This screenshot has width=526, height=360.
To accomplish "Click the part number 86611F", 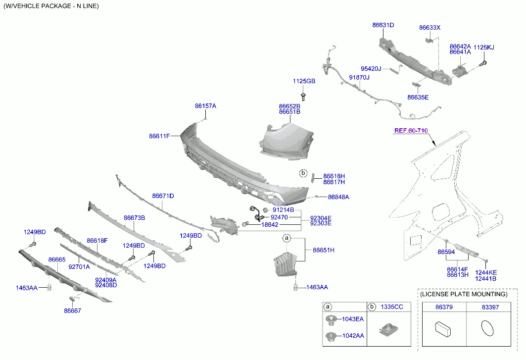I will (x=159, y=136).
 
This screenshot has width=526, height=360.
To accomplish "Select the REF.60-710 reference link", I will (x=411, y=131).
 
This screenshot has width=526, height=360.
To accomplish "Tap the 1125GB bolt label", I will (x=304, y=81).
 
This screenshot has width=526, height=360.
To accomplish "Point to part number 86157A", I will (x=205, y=106).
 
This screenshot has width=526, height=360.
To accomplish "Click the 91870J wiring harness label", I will (x=359, y=77).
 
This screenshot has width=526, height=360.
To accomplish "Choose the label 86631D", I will (x=383, y=25).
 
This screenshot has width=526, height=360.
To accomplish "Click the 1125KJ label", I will (x=484, y=48).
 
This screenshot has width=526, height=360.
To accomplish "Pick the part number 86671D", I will (x=163, y=196).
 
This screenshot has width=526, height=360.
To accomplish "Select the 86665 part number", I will (x=57, y=259).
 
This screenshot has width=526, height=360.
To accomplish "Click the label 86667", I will (x=72, y=311).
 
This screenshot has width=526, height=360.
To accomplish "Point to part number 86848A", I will (x=338, y=197).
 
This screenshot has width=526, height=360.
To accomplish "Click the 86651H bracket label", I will (x=324, y=250).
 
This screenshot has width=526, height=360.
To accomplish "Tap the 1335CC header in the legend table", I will (x=392, y=307).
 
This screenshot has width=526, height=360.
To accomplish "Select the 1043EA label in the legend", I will (x=353, y=319).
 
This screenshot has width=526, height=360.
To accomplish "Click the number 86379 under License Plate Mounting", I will (x=444, y=308).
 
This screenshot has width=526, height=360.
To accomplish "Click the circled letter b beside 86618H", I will (x=303, y=173).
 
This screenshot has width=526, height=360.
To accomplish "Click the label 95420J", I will (x=371, y=69).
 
